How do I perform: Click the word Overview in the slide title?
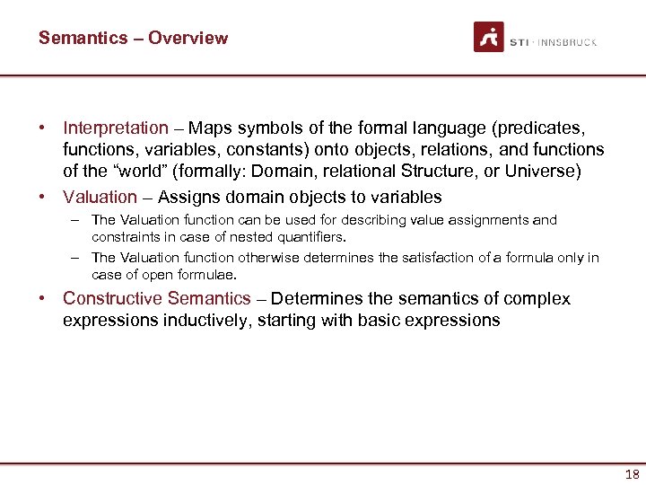[x=188, y=38]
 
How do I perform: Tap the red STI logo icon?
[x=489, y=38]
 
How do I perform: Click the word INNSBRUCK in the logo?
[x=568, y=42]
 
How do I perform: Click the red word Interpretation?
[x=116, y=128]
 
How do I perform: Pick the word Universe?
[x=543, y=171]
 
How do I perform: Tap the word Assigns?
[x=188, y=197]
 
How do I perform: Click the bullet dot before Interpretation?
[x=43, y=128]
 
